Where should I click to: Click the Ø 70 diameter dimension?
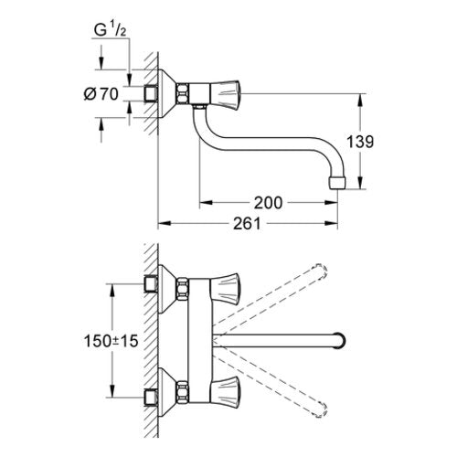101,94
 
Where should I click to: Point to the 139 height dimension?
360,142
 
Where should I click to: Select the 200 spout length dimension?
268,203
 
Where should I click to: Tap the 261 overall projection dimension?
247,224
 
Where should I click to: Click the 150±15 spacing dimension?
111,341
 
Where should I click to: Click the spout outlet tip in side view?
337,184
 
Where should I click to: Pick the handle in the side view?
225,94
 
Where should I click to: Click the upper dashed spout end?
320,271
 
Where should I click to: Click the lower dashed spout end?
321,409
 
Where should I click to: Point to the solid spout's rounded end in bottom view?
340,340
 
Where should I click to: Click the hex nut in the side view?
182,94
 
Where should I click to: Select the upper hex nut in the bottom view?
182,288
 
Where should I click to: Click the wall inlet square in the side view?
151,93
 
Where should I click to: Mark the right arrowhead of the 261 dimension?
332,223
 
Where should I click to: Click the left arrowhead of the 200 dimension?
207,202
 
